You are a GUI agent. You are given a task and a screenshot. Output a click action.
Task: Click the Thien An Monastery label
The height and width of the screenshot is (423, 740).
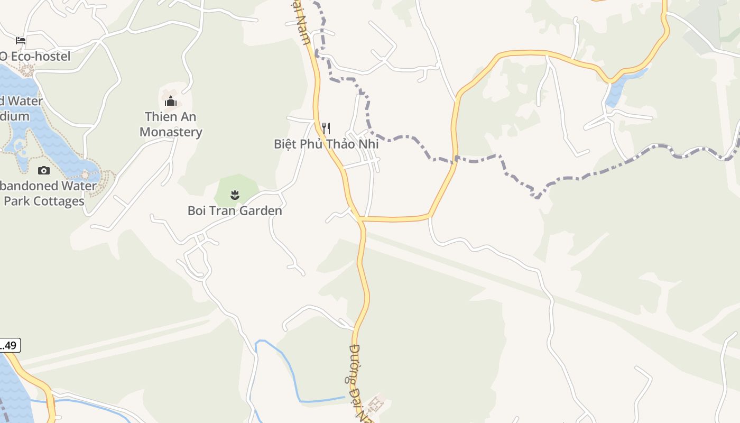171,124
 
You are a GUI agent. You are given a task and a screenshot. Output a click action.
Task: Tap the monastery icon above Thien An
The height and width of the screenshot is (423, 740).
170,100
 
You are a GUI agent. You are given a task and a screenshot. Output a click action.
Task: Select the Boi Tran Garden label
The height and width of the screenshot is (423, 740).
235,211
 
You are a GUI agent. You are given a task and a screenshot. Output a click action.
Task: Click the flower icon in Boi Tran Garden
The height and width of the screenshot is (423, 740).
235,196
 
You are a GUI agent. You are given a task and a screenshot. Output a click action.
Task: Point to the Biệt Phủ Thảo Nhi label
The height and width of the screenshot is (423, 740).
326,144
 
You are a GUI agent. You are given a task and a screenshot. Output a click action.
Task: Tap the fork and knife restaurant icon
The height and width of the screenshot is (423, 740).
326,128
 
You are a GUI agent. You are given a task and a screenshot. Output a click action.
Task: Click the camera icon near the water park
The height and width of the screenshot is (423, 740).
44,170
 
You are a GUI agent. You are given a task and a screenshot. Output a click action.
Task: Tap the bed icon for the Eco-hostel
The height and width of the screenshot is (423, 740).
21,40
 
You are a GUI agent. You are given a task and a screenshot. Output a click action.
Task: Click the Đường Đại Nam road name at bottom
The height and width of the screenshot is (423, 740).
360,381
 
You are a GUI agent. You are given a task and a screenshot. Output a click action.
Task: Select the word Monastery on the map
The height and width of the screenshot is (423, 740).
171,132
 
